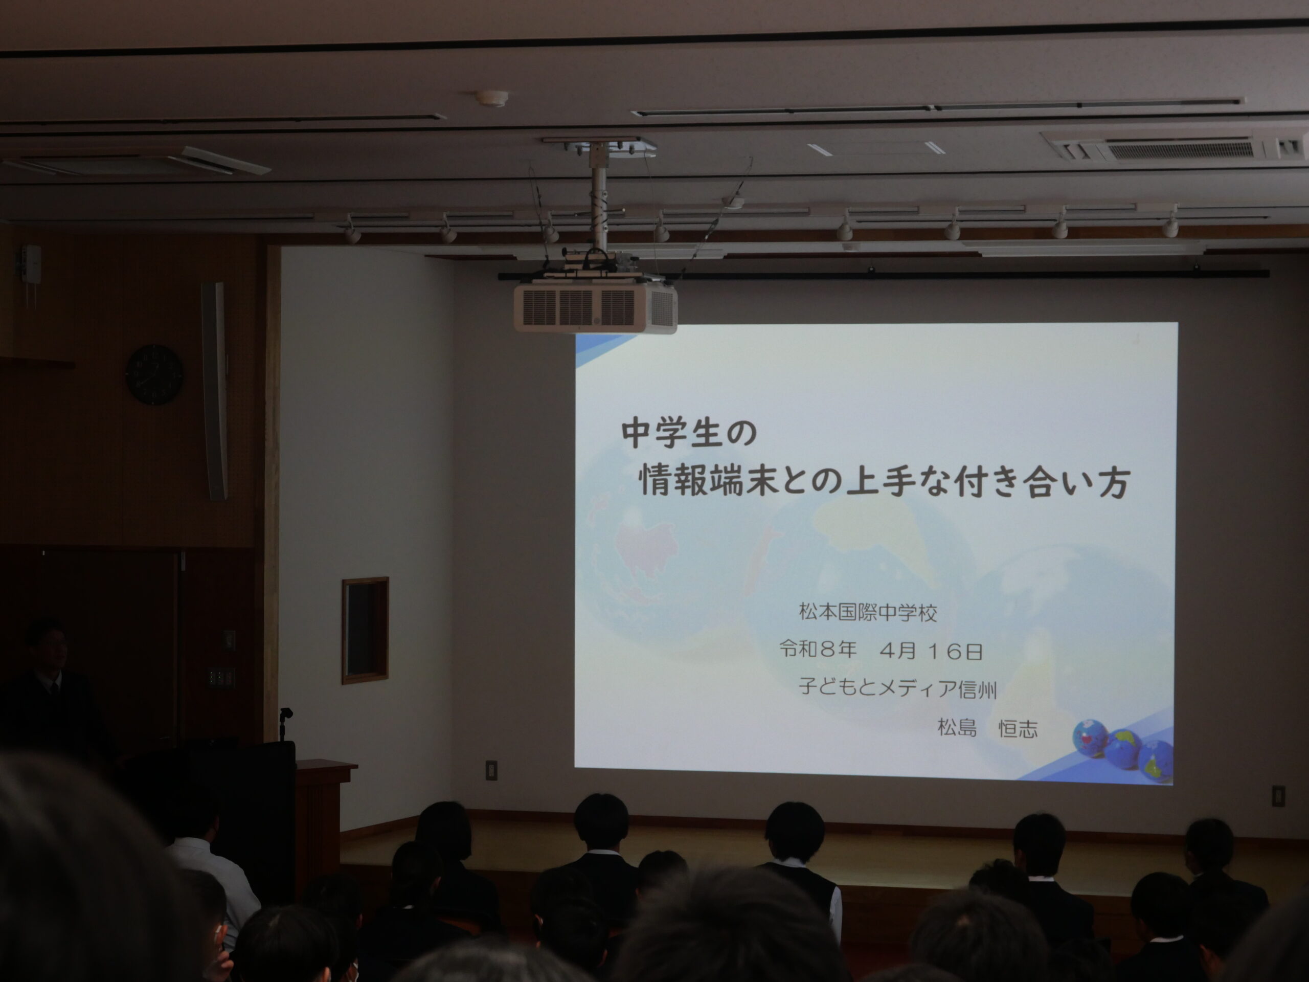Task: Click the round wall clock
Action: [154, 375]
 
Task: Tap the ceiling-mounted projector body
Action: [595, 307]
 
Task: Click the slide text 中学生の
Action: [689, 433]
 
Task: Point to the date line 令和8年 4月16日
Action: [881, 651]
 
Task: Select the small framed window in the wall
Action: [365, 631]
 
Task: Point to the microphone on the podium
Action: [286, 723]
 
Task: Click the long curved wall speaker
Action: [215, 391]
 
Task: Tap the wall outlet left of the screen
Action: [492, 770]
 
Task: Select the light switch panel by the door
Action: [221, 677]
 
